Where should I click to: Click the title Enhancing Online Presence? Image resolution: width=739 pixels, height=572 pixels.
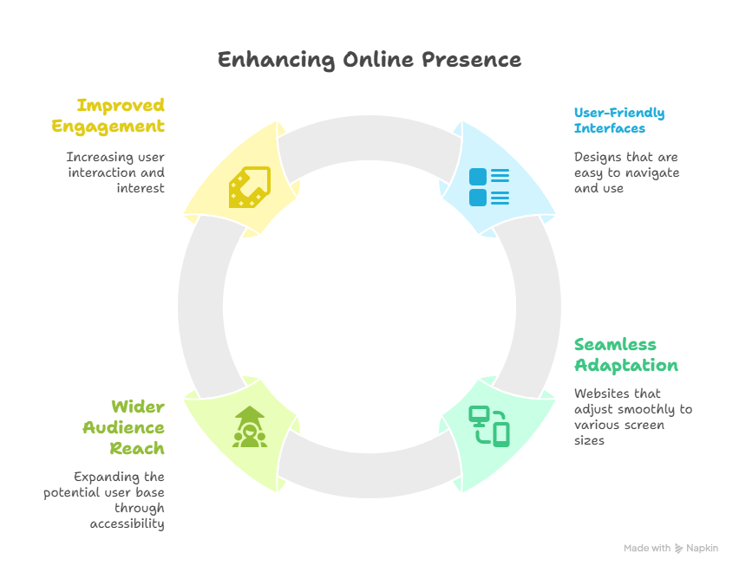pyautogui.click(x=369, y=60)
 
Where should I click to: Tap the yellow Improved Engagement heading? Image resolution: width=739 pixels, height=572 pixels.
pyautogui.click(x=108, y=115)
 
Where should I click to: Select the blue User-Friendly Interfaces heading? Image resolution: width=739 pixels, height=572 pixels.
pyautogui.click(x=619, y=120)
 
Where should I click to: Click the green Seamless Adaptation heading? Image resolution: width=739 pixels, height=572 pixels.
pyautogui.click(x=625, y=354)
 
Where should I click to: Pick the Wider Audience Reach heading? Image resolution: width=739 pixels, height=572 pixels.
pyautogui.click(x=124, y=427)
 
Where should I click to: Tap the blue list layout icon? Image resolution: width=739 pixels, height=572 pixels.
pyautogui.click(x=488, y=186)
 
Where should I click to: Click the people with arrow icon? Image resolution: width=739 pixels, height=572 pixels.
pyautogui.click(x=249, y=426)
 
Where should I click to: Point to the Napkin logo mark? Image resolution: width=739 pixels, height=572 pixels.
pyautogui.click(x=679, y=549)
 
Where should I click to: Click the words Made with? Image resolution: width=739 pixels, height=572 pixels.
pyautogui.click(x=647, y=549)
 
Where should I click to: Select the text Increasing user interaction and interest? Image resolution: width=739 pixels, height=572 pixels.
pyautogui.click(x=115, y=172)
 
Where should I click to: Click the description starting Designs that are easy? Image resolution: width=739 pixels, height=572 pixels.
pyautogui.click(x=626, y=172)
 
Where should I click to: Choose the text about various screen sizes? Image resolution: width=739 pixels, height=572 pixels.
pyautogui.click(x=632, y=417)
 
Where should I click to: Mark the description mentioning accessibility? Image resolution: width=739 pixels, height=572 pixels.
pyautogui.click(x=104, y=501)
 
